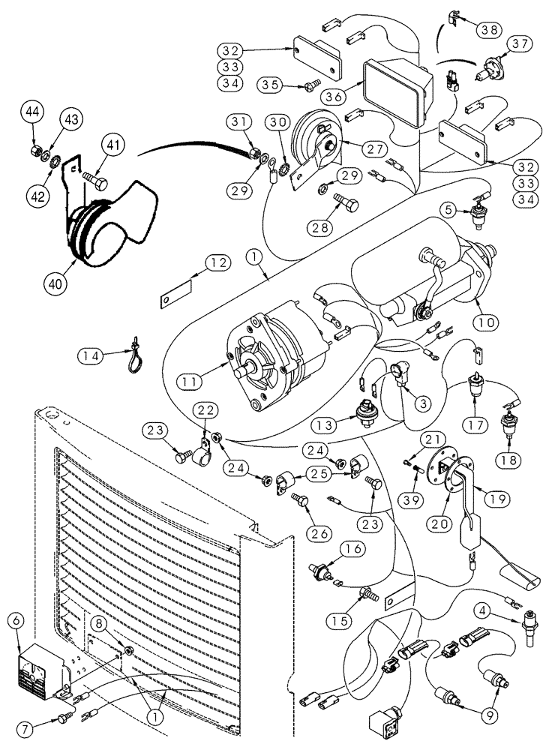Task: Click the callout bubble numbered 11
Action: [193, 381]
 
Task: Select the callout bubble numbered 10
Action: [487, 322]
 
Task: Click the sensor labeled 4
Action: [528, 622]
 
